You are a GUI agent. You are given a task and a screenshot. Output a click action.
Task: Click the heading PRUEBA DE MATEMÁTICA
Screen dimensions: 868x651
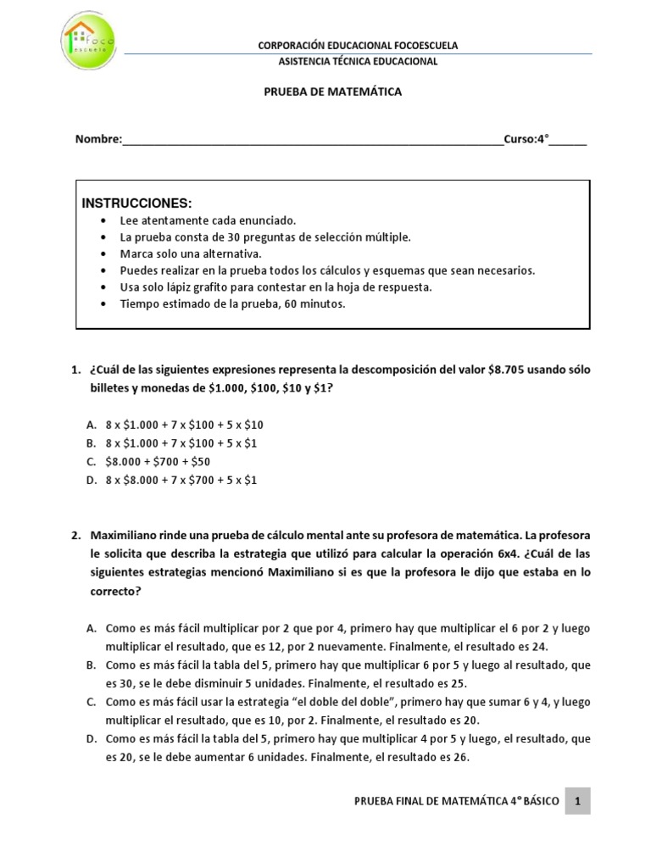pyautogui.click(x=331, y=92)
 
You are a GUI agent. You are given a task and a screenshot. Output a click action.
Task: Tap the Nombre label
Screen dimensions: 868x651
pyautogui.click(x=98, y=140)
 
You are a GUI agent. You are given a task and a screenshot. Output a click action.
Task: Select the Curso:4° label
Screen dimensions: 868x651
pyautogui.click(x=530, y=140)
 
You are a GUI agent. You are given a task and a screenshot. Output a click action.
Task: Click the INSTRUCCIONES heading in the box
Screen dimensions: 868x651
pyautogui.click(x=136, y=203)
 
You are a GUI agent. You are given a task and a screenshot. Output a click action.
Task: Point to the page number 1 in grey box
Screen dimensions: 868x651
pyautogui.click(x=577, y=801)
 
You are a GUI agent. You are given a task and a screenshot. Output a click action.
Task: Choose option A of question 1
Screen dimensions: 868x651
pyautogui.click(x=91, y=424)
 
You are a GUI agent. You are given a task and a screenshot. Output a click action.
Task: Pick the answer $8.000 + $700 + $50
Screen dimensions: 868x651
pyautogui.click(x=158, y=461)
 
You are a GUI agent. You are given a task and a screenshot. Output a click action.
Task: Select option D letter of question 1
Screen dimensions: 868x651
pyautogui.click(x=91, y=480)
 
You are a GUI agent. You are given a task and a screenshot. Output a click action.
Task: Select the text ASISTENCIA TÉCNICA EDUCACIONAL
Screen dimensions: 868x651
pyautogui.click(x=358, y=62)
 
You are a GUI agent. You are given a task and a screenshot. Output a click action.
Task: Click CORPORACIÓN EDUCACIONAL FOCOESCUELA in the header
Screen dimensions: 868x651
pyautogui.click(x=357, y=46)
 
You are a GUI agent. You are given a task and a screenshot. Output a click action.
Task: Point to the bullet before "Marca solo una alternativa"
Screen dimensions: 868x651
pyautogui.click(x=103, y=253)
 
